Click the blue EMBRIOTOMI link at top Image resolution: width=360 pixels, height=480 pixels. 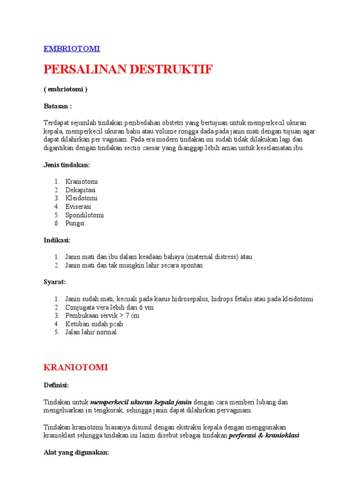pyautogui.click(x=72, y=49)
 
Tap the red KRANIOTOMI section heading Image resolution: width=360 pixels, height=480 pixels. pyautogui.click(x=75, y=367)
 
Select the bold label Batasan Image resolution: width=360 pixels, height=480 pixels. pyautogui.click(x=57, y=106)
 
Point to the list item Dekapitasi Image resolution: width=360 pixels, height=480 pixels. pyautogui.click(x=81, y=190)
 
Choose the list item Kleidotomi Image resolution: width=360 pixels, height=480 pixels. pyautogui.click(x=82, y=198)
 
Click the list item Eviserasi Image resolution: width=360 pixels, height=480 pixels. pyautogui.click(x=78, y=207)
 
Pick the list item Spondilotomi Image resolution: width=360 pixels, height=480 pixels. pyautogui.click(x=84, y=215)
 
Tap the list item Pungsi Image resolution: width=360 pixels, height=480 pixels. pyautogui.click(x=75, y=224)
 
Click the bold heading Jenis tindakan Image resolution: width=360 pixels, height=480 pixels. pyautogui.click(x=67, y=165)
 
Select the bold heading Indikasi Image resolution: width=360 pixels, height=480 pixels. pyautogui.click(x=57, y=240)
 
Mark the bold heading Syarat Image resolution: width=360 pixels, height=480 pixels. pyautogui.click(x=54, y=282)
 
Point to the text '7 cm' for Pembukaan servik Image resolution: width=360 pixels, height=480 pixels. pyautogui.click(x=133, y=315)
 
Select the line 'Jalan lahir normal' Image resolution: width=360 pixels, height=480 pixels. pyautogui.click(x=91, y=332)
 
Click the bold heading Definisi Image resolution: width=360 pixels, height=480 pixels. pyautogui.click(x=56, y=385)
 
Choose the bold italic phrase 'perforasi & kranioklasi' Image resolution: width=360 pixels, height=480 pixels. pyautogui.click(x=264, y=435)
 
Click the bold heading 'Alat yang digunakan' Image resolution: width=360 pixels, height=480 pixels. pyautogui.click(x=76, y=452)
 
